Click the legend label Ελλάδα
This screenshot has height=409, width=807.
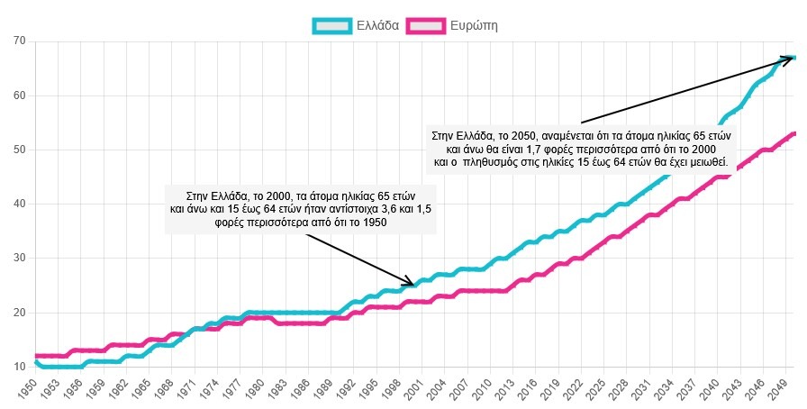tap(380, 25)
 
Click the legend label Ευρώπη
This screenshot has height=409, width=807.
tap(474, 25)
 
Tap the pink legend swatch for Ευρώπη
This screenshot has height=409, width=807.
tap(427, 25)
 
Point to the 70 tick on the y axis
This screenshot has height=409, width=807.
tap(19, 41)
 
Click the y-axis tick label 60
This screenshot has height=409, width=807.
tap(19, 95)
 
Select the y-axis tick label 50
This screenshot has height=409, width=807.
tap(19, 150)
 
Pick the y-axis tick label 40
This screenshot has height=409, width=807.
tap(19, 204)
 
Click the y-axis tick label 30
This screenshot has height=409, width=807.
tap(19, 259)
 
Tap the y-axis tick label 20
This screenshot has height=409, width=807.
tap(19, 313)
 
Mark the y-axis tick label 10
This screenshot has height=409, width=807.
tap(19, 367)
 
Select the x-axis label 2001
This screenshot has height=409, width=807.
tap(413, 389)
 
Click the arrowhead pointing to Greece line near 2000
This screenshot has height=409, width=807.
tap(411, 282)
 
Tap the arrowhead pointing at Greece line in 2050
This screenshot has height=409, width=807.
tap(789, 59)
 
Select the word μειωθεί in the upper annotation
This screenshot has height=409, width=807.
tap(707, 163)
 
